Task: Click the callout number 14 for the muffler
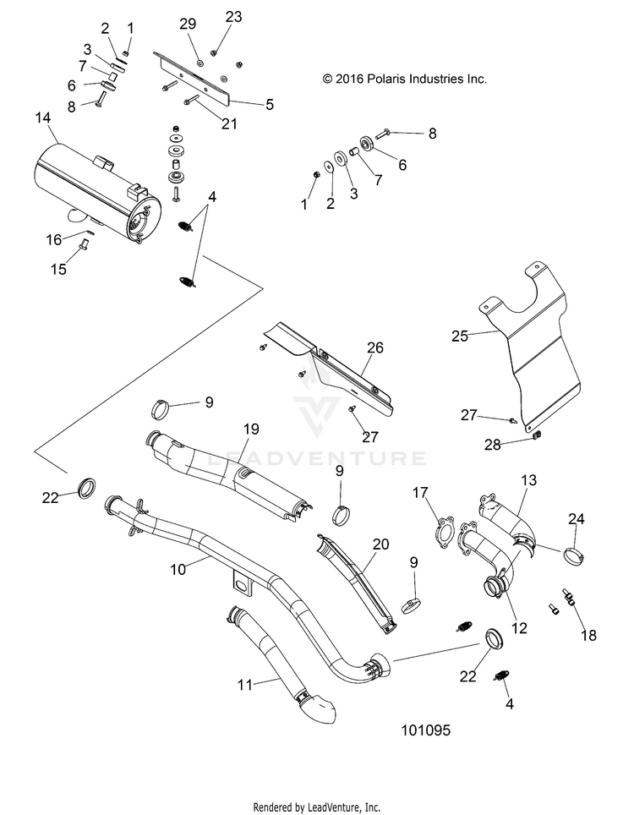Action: coord(43,118)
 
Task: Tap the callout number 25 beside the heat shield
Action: coord(460,336)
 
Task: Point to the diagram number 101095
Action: coord(425,730)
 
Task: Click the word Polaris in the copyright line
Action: coord(386,79)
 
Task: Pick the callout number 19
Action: coord(251,429)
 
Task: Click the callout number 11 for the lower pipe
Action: coord(245,685)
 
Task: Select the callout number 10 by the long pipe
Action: coord(178,570)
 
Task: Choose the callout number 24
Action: coord(577,519)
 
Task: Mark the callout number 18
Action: coord(589,635)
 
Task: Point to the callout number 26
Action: coord(375,347)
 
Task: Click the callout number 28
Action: coord(493,445)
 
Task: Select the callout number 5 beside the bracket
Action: coord(270,105)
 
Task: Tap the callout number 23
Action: coord(234,17)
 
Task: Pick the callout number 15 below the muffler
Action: coord(58,269)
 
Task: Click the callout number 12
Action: coord(519,628)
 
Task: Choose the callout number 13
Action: coord(528,480)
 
